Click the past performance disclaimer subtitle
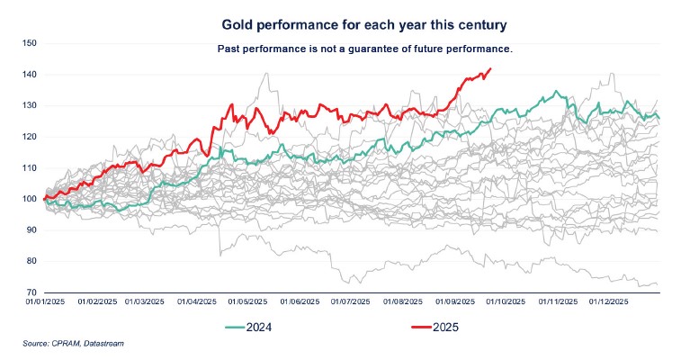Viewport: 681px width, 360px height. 364,48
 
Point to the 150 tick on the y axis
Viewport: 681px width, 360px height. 28,43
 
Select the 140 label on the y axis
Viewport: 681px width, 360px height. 28,75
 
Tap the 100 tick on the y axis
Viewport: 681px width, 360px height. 28,199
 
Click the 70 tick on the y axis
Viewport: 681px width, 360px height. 30,292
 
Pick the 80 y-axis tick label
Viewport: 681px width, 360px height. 30,261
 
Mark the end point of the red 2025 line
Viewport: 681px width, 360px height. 490,68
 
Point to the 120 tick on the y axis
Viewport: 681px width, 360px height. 28,137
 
